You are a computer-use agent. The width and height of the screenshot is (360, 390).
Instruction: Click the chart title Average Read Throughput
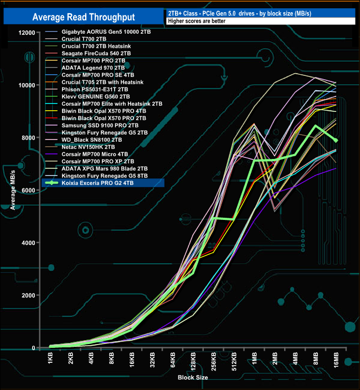84,17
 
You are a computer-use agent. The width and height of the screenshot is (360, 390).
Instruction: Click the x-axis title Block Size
193,378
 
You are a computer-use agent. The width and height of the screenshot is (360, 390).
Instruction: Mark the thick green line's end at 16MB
336,141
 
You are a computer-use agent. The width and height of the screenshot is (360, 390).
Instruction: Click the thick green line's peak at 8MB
315,126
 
